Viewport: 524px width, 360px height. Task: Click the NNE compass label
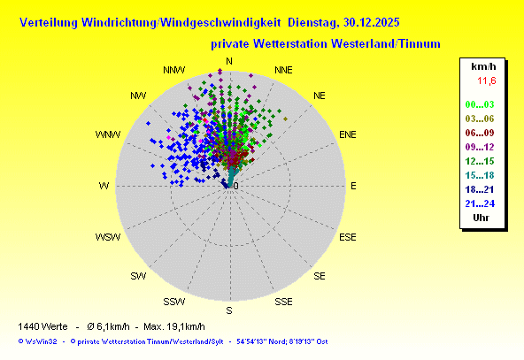tap(283, 70)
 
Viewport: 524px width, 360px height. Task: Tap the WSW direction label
tap(108, 237)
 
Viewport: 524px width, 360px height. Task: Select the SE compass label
tap(320, 276)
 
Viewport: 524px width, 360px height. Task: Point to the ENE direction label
tap(348, 134)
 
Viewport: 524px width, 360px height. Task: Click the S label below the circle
tap(229, 310)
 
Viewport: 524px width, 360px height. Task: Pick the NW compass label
tap(138, 96)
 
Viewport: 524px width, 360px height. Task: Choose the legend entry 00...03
tap(480, 104)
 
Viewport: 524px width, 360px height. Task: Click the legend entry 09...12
tap(480, 147)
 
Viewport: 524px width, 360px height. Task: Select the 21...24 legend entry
tap(480, 203)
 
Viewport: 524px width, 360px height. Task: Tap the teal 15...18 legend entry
tap(480, 175)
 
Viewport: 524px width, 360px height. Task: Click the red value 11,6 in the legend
tap(487, 80)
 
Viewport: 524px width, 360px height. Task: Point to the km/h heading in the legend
tap(483, 66)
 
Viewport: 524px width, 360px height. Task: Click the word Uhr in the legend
tap(481, 218)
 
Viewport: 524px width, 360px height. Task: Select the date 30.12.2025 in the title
tap(371, 22)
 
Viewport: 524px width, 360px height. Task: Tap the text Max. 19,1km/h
tap(174, 326)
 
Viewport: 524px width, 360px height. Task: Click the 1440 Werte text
tap(42, 326)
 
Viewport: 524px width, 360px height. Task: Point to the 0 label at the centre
tap(236, 186)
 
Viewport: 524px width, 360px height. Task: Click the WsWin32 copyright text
tap(37, 341)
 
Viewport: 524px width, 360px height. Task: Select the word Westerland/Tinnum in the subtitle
tap(386, 43)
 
